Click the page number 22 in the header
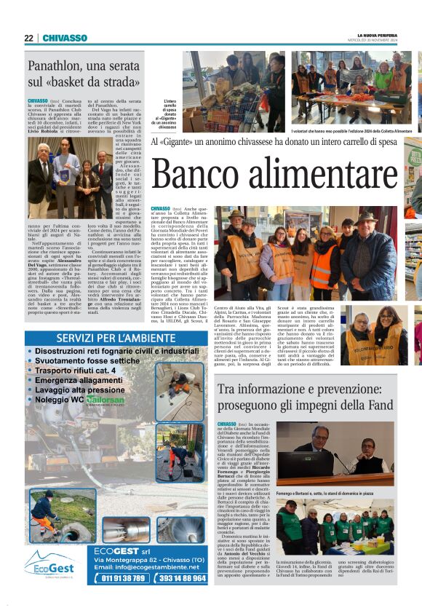[x=28, y=39]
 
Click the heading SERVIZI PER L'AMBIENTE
[x=106, y=338]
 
